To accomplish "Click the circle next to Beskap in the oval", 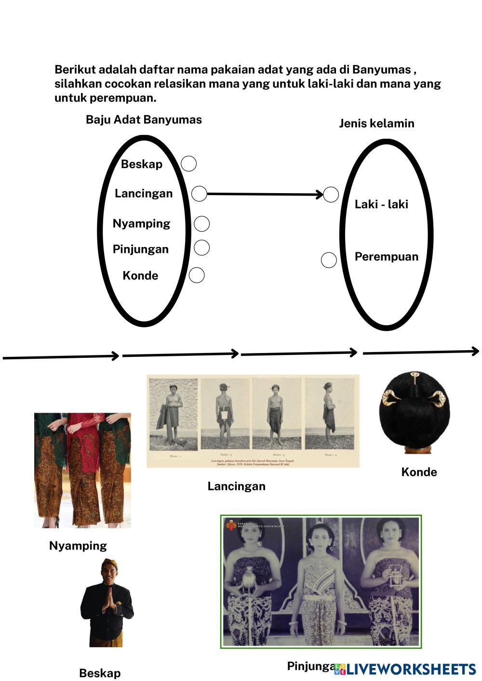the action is [188, 164].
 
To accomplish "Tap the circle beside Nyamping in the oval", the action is [201, 223].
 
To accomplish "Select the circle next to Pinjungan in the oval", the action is [201, 248].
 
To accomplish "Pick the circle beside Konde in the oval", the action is [196, 275].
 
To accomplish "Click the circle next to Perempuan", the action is [329, 260].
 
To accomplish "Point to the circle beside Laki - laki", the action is [331, 195].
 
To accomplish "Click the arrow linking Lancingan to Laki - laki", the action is [265, 194].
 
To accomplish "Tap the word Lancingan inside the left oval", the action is [143, 194].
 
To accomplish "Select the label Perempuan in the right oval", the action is [386, 257].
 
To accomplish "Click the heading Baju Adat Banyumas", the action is [144, 119].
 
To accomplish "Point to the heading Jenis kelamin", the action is [376, 123].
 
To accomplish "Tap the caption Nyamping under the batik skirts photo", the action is [78, 546].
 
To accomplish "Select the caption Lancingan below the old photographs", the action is [236, 486].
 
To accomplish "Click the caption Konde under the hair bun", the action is [419, 472].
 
